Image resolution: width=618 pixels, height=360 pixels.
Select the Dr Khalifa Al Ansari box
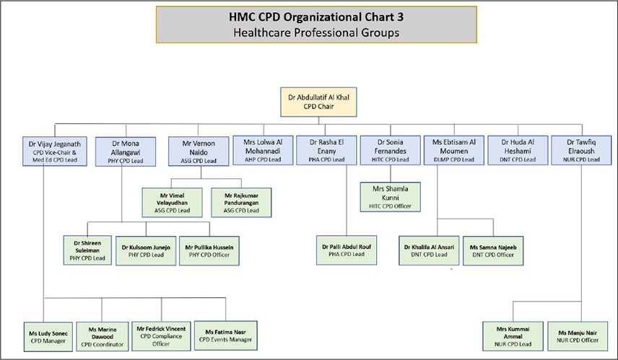pos(429,250)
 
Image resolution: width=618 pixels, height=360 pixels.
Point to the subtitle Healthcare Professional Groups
pos(315,32)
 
